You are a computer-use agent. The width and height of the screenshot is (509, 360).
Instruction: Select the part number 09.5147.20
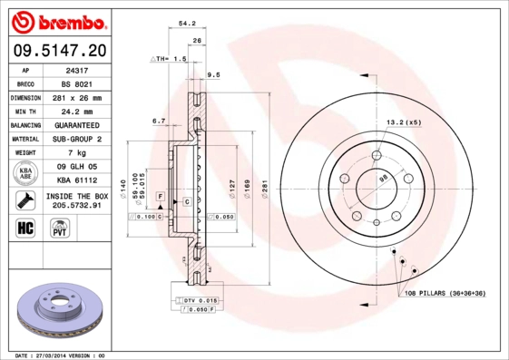[59, 51]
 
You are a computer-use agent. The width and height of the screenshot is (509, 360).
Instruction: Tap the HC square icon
[26, 227]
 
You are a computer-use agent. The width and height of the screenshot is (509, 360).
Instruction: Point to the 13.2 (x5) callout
[404, 122]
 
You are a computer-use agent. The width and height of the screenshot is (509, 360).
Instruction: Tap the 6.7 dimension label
[158, 121]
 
